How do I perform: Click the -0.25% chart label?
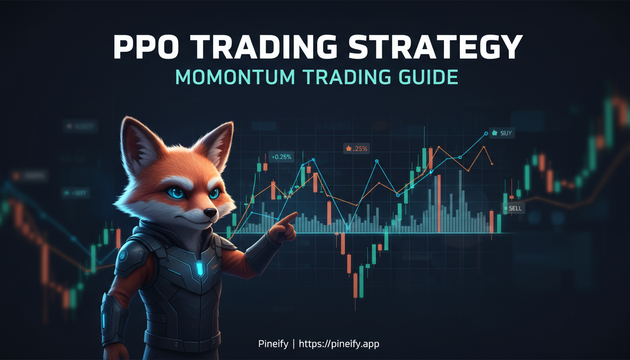281,157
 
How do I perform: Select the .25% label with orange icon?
357,149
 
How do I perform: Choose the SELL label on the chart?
515,208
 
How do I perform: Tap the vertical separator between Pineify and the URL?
293,344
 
